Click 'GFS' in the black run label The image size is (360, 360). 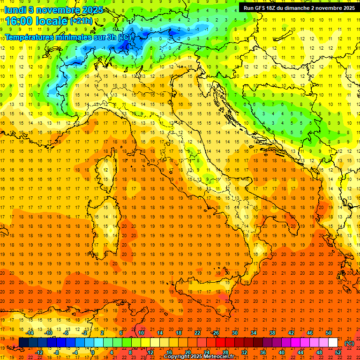pyautogui.click(x=263, y=8)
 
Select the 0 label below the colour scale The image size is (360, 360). pyautogui.click(x=93, y=352)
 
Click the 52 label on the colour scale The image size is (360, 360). pyautogui.click(x=338, y=352)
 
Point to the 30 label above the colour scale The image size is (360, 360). pyautogui.click(x=234, y=333)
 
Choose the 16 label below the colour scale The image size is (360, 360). pyautogui.click(x=169, y=352)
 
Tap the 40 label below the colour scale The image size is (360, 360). pyautogui.click(x=282, y=352)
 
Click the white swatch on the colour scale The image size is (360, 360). pyautogui.click(x=333, y=343)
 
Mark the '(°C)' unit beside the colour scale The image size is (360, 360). pyautogui.click(x=349, y=343)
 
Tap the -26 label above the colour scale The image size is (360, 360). pyautogui.click(x=215, y=333)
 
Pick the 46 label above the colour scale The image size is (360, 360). pyautogui.click(x=310, y=333)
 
